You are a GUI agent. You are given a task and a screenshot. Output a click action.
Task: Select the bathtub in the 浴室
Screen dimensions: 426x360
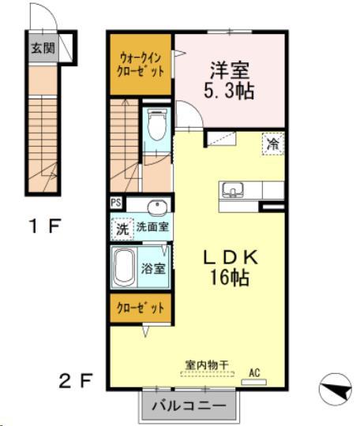tap(125, 269)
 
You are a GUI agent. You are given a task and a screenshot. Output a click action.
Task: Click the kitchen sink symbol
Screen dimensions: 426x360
tap(233, 190)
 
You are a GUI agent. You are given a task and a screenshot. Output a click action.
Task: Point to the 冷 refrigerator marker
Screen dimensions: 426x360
tap(272, 144)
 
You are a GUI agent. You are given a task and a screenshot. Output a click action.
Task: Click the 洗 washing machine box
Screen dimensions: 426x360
tap(122, 230)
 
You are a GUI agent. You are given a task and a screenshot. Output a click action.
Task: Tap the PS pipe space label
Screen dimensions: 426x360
tap(116, 203)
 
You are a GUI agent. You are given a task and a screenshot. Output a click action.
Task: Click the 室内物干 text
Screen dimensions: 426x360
tap(207, 365)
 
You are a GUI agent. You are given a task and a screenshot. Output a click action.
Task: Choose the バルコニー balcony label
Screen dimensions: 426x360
tap(188, 407)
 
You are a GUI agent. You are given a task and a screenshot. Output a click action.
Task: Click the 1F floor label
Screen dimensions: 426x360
tap(45, 227)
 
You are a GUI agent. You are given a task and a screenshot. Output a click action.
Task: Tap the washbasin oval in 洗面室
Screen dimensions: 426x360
tap(158, 208)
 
